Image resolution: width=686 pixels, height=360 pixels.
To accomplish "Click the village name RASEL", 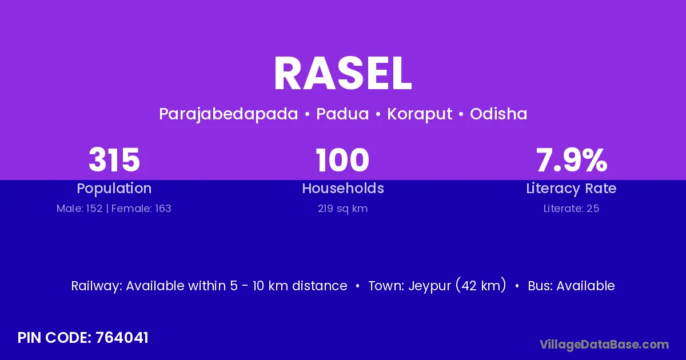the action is pos(342,74).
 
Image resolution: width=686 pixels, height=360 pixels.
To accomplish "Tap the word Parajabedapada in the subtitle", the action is pos(229,114).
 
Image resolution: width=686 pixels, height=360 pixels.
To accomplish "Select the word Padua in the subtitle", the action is pos(342,114).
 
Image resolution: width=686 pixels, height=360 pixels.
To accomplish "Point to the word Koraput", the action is pos(420,114).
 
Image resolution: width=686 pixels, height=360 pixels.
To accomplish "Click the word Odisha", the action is pos(498,114).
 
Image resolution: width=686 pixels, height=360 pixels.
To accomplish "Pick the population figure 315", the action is pos(114,160).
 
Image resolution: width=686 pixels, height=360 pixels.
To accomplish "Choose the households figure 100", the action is pos(342,160).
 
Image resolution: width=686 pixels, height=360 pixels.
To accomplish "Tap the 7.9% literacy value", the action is pos(572,160).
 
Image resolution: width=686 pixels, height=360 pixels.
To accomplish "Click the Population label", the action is pos(114,189).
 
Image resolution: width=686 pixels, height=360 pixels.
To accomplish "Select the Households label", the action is pos(343,188).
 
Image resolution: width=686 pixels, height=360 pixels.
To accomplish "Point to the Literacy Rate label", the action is pos(571,189).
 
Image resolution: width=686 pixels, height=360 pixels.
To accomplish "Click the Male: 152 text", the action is pos(79,209).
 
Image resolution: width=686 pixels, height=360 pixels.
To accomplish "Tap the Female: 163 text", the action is pos(141,209).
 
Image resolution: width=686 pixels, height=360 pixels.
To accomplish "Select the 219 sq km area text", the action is pos(342,209).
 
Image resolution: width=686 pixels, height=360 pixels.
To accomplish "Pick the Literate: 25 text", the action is pos(571,209).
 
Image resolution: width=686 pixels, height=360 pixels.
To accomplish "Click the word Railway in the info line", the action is pos(97,286).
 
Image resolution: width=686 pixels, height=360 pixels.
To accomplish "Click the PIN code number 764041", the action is pos(122,338).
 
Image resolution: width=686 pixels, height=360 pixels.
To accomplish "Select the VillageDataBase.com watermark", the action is pos(604,345).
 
